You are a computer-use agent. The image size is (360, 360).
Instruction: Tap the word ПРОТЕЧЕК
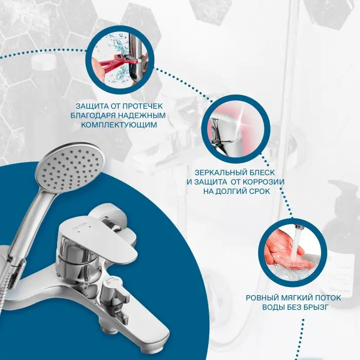pyautogui.click(x=143, y=106)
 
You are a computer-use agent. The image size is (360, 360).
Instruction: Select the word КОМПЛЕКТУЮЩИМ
pyautogui.click(x=119, y=125)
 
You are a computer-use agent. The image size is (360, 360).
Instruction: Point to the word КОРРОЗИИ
pyautogui.click(x=263, y=182)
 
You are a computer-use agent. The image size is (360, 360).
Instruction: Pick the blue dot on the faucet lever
pyautogui.click(x=89, y=227)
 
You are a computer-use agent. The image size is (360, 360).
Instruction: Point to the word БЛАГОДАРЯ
pyautogui.click(x=93, y=116)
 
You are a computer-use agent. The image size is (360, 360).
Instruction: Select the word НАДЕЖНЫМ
pyautogui.click(x=142, y=116)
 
